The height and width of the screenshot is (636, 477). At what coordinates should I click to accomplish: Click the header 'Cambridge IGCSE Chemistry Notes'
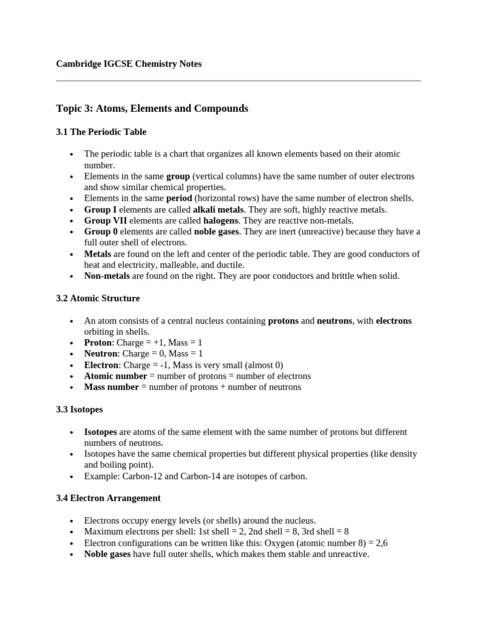(129, 64)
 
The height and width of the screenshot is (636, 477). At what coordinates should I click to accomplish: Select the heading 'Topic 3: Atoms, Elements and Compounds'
(152, 109)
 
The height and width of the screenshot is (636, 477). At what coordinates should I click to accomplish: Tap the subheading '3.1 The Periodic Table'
(101, 132)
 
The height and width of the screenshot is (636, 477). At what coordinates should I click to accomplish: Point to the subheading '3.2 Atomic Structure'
(98, 299)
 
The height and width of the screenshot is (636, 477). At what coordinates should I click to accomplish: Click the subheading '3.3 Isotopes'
(79, 410)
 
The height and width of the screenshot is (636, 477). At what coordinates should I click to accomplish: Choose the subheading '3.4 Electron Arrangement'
(109, 498)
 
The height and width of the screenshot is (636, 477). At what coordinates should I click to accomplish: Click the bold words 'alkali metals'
(219, 210)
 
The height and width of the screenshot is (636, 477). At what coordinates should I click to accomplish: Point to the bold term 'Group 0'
(101, 232)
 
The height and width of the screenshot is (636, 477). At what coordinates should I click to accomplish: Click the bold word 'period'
(179, 199)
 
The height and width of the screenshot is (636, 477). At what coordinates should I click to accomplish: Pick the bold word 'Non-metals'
(107, 276)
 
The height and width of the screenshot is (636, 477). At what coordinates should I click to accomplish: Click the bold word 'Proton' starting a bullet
(98, 343)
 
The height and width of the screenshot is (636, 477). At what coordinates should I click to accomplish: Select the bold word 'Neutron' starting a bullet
(101, 354)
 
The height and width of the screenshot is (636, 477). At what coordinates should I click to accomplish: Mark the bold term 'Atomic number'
(116, 376)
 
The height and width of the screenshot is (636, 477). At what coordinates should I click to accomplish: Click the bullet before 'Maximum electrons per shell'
(72, 532)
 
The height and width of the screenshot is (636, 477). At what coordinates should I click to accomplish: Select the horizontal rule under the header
(238, 81)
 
